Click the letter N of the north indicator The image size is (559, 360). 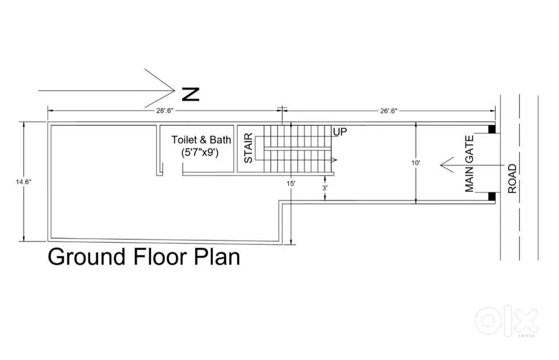click(191, 94)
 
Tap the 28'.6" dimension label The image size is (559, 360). click(164, 111)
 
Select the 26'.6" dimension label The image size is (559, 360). click(389, 111)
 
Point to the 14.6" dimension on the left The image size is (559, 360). click(23, 182)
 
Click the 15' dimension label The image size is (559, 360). click(291, 183)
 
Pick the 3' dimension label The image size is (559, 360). click(325, 187)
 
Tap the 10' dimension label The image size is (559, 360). click(416, 163)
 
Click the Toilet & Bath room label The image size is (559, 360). click(201, 140)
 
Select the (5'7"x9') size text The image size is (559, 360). click(200, 153)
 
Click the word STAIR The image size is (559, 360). click(248, 148)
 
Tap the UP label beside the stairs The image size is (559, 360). click(340, 132)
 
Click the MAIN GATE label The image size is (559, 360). click(470, 164)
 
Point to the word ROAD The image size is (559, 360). click(512, 178)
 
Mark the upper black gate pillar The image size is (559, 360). click(491, 129)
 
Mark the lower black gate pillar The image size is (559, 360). click(491, 196)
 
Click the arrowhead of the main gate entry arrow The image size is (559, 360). click(442, 165)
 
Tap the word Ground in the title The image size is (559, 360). click(87, 257)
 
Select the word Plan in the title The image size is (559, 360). click(217, 256)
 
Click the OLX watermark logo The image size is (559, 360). click(506, 321)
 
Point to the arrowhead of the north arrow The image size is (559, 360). click(174, 91)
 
